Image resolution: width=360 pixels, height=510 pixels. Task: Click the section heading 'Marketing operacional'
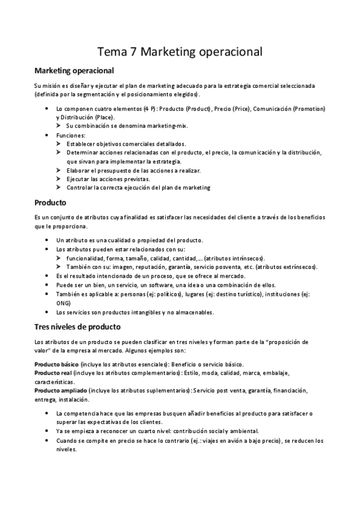tap(75, 71)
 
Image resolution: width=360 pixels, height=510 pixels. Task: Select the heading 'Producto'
tap(50, 202)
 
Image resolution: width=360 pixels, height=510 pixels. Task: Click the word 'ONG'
tap(63, 303)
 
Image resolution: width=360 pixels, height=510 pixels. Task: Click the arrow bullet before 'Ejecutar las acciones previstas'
tap(59, 179)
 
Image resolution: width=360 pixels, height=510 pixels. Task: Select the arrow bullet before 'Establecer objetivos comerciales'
tap(59, 144)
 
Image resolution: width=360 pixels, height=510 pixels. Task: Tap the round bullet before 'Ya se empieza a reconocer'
tap(47, 431)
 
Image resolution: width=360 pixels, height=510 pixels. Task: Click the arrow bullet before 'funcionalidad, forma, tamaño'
tap(59, 257)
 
